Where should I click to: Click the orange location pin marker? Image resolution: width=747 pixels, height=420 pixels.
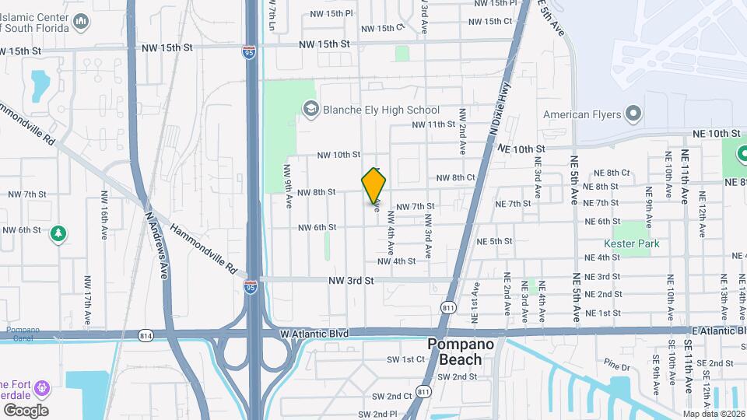pyautogui.click(x=373, y=186)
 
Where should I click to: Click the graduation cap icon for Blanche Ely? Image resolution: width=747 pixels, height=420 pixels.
pyautogui.click(x=310, y=109)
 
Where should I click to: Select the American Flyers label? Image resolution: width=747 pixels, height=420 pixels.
pyautogui.click(x=582, y=115)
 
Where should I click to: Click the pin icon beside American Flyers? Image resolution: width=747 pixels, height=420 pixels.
pyautogui.click(x=634, y=114)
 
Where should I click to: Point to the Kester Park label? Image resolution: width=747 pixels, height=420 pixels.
pyautogui.click(x=636, y=243)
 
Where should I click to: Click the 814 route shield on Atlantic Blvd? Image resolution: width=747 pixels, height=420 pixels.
pyautogui.click(x=146, y=335)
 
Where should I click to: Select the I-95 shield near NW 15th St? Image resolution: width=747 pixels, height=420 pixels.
pyautogui.click(x=248, y=52)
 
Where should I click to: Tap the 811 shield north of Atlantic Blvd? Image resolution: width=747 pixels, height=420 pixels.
pyautogui.click(x=447, y=307)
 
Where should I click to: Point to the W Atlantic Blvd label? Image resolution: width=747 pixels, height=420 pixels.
pyautogui.click(x=315, y=333)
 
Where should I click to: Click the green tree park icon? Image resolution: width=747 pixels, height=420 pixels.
pyautogui.click(x=58, y=233)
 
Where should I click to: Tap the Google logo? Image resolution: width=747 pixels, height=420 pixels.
pyautogui.click(x=25, y=410)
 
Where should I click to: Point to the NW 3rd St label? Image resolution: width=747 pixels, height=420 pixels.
pyautogui.click(x=352, y=279)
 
